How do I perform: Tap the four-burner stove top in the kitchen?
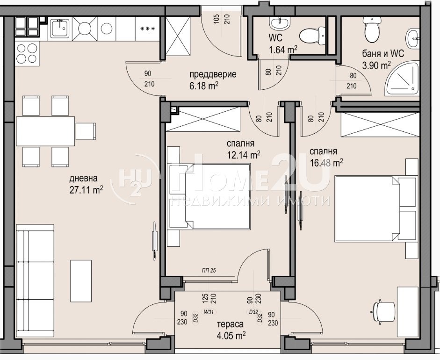(27, 53)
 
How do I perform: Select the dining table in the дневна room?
(45, 131)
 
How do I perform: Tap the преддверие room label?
(213, 74)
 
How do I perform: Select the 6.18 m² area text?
(204, 86)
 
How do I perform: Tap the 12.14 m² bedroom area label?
(243, 154)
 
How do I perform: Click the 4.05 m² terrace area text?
(231, 336)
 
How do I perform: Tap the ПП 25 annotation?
(209, 270)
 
